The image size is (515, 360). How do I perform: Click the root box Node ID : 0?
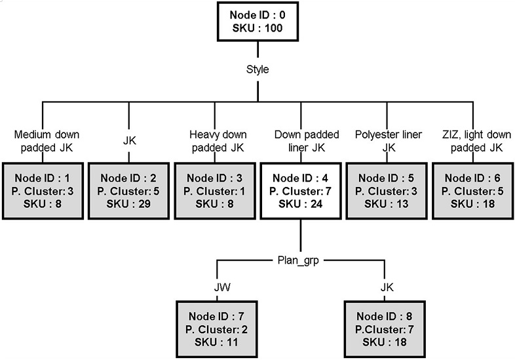257,22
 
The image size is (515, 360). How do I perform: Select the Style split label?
257,69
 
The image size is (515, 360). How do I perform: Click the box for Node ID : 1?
43,191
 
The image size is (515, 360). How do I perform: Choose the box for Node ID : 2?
128,191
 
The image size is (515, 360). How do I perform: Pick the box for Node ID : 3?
214,191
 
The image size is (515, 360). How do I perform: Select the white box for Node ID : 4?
300,191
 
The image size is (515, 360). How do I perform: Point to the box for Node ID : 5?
385,191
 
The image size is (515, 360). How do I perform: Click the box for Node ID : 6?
472,191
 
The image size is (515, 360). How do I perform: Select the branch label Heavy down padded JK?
214,141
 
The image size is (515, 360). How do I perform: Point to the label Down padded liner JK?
300,141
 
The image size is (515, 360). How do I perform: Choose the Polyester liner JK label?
385,141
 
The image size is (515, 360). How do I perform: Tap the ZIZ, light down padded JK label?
472,141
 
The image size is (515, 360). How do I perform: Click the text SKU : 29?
128,205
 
